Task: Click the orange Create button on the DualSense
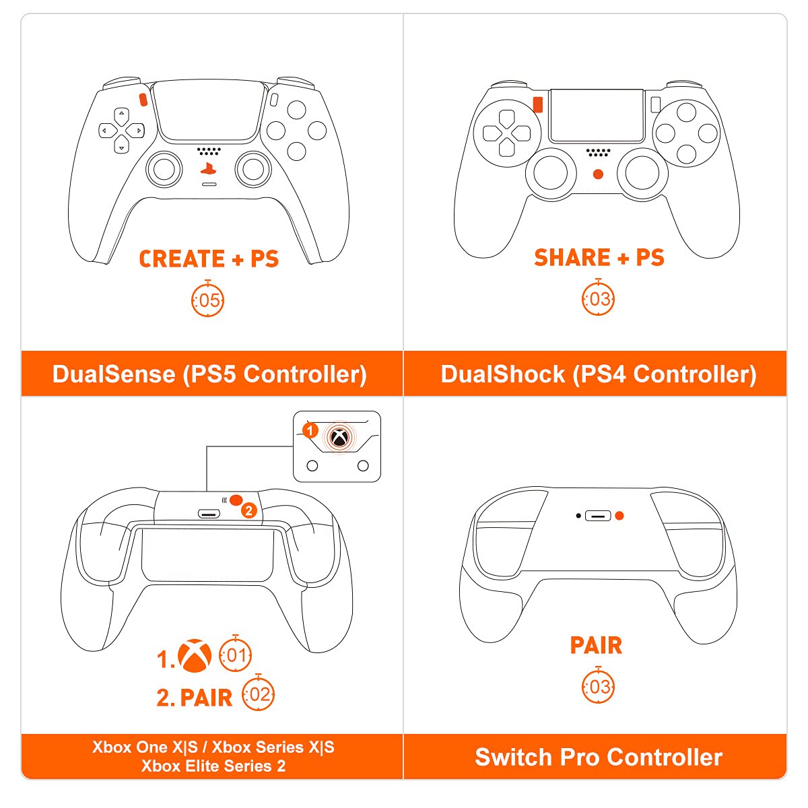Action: tap(143, 100)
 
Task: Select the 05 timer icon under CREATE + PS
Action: tap(208, 300)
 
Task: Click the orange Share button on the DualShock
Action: tap(537, 104)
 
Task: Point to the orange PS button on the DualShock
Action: tap(598, 174)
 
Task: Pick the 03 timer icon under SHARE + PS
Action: tap(599, 298)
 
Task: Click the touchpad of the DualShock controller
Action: tap(597, 114)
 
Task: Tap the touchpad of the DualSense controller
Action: tap(209, 111)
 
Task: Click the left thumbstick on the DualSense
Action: tap(164, 168)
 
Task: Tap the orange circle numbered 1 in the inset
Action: tap(310, 430)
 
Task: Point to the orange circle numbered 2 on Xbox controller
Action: tap(249, 511)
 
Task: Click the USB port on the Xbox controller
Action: tap(209, 514)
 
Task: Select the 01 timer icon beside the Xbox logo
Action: tap(236, 654)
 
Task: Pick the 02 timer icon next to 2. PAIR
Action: tap(259, 694)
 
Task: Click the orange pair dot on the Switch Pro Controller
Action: tap(619, 516)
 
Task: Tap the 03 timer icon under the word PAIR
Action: tap(599, 686)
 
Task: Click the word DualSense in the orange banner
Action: tap(113, 374)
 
